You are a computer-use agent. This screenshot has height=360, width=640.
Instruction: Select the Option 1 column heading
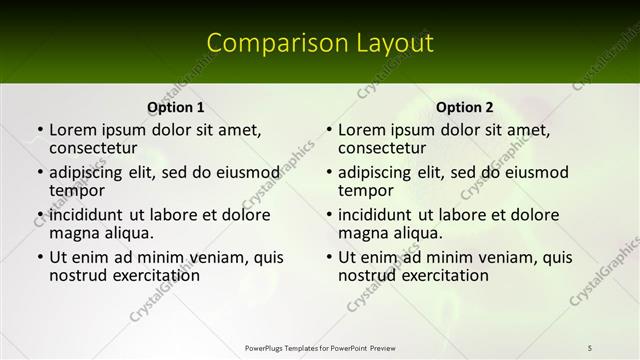point(176,107)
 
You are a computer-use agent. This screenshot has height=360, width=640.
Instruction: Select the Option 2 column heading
point(465,107)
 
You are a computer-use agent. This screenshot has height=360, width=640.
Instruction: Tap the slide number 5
point(590,347)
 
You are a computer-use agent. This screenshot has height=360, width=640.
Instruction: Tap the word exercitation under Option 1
point(143,275)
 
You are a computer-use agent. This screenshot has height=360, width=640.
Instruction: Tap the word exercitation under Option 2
point(432,275)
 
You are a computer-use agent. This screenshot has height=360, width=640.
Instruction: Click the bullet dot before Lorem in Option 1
point(40,131)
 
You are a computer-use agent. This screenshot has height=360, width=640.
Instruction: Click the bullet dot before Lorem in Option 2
point(329,131)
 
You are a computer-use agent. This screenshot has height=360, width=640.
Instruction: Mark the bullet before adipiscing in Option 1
point(40,173)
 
